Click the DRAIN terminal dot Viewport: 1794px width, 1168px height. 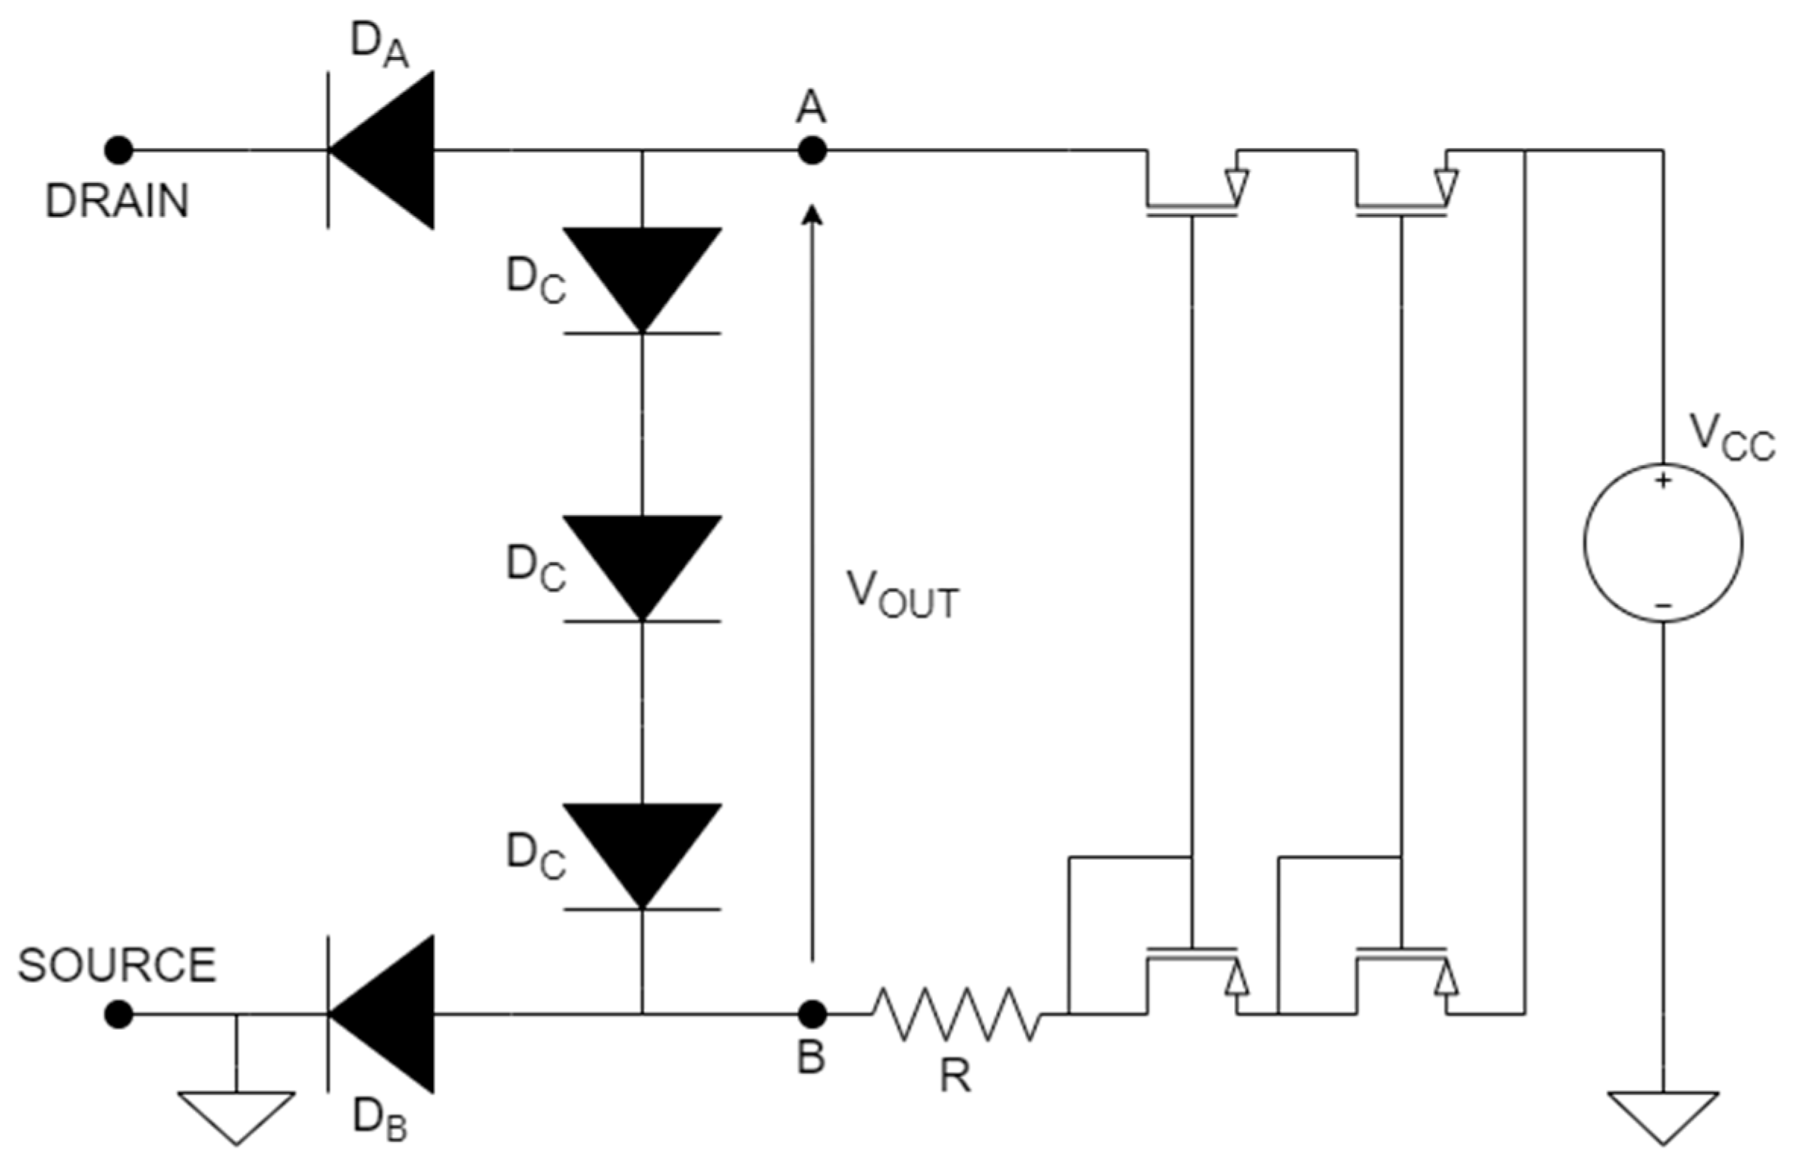point(118,151)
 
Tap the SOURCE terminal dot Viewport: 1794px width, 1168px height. point(118,1014)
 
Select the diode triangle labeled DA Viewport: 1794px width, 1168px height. point(389,150)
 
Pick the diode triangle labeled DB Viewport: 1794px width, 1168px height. point(389,1014)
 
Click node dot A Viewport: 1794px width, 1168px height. point(812,151)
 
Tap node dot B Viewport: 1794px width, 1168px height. point(812,1014)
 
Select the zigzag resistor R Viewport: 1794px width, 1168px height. point(956,1014)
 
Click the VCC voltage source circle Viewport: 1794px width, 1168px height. point(1663,542)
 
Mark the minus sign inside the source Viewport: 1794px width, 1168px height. point(1663,605)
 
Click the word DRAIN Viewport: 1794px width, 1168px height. point(117,202)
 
